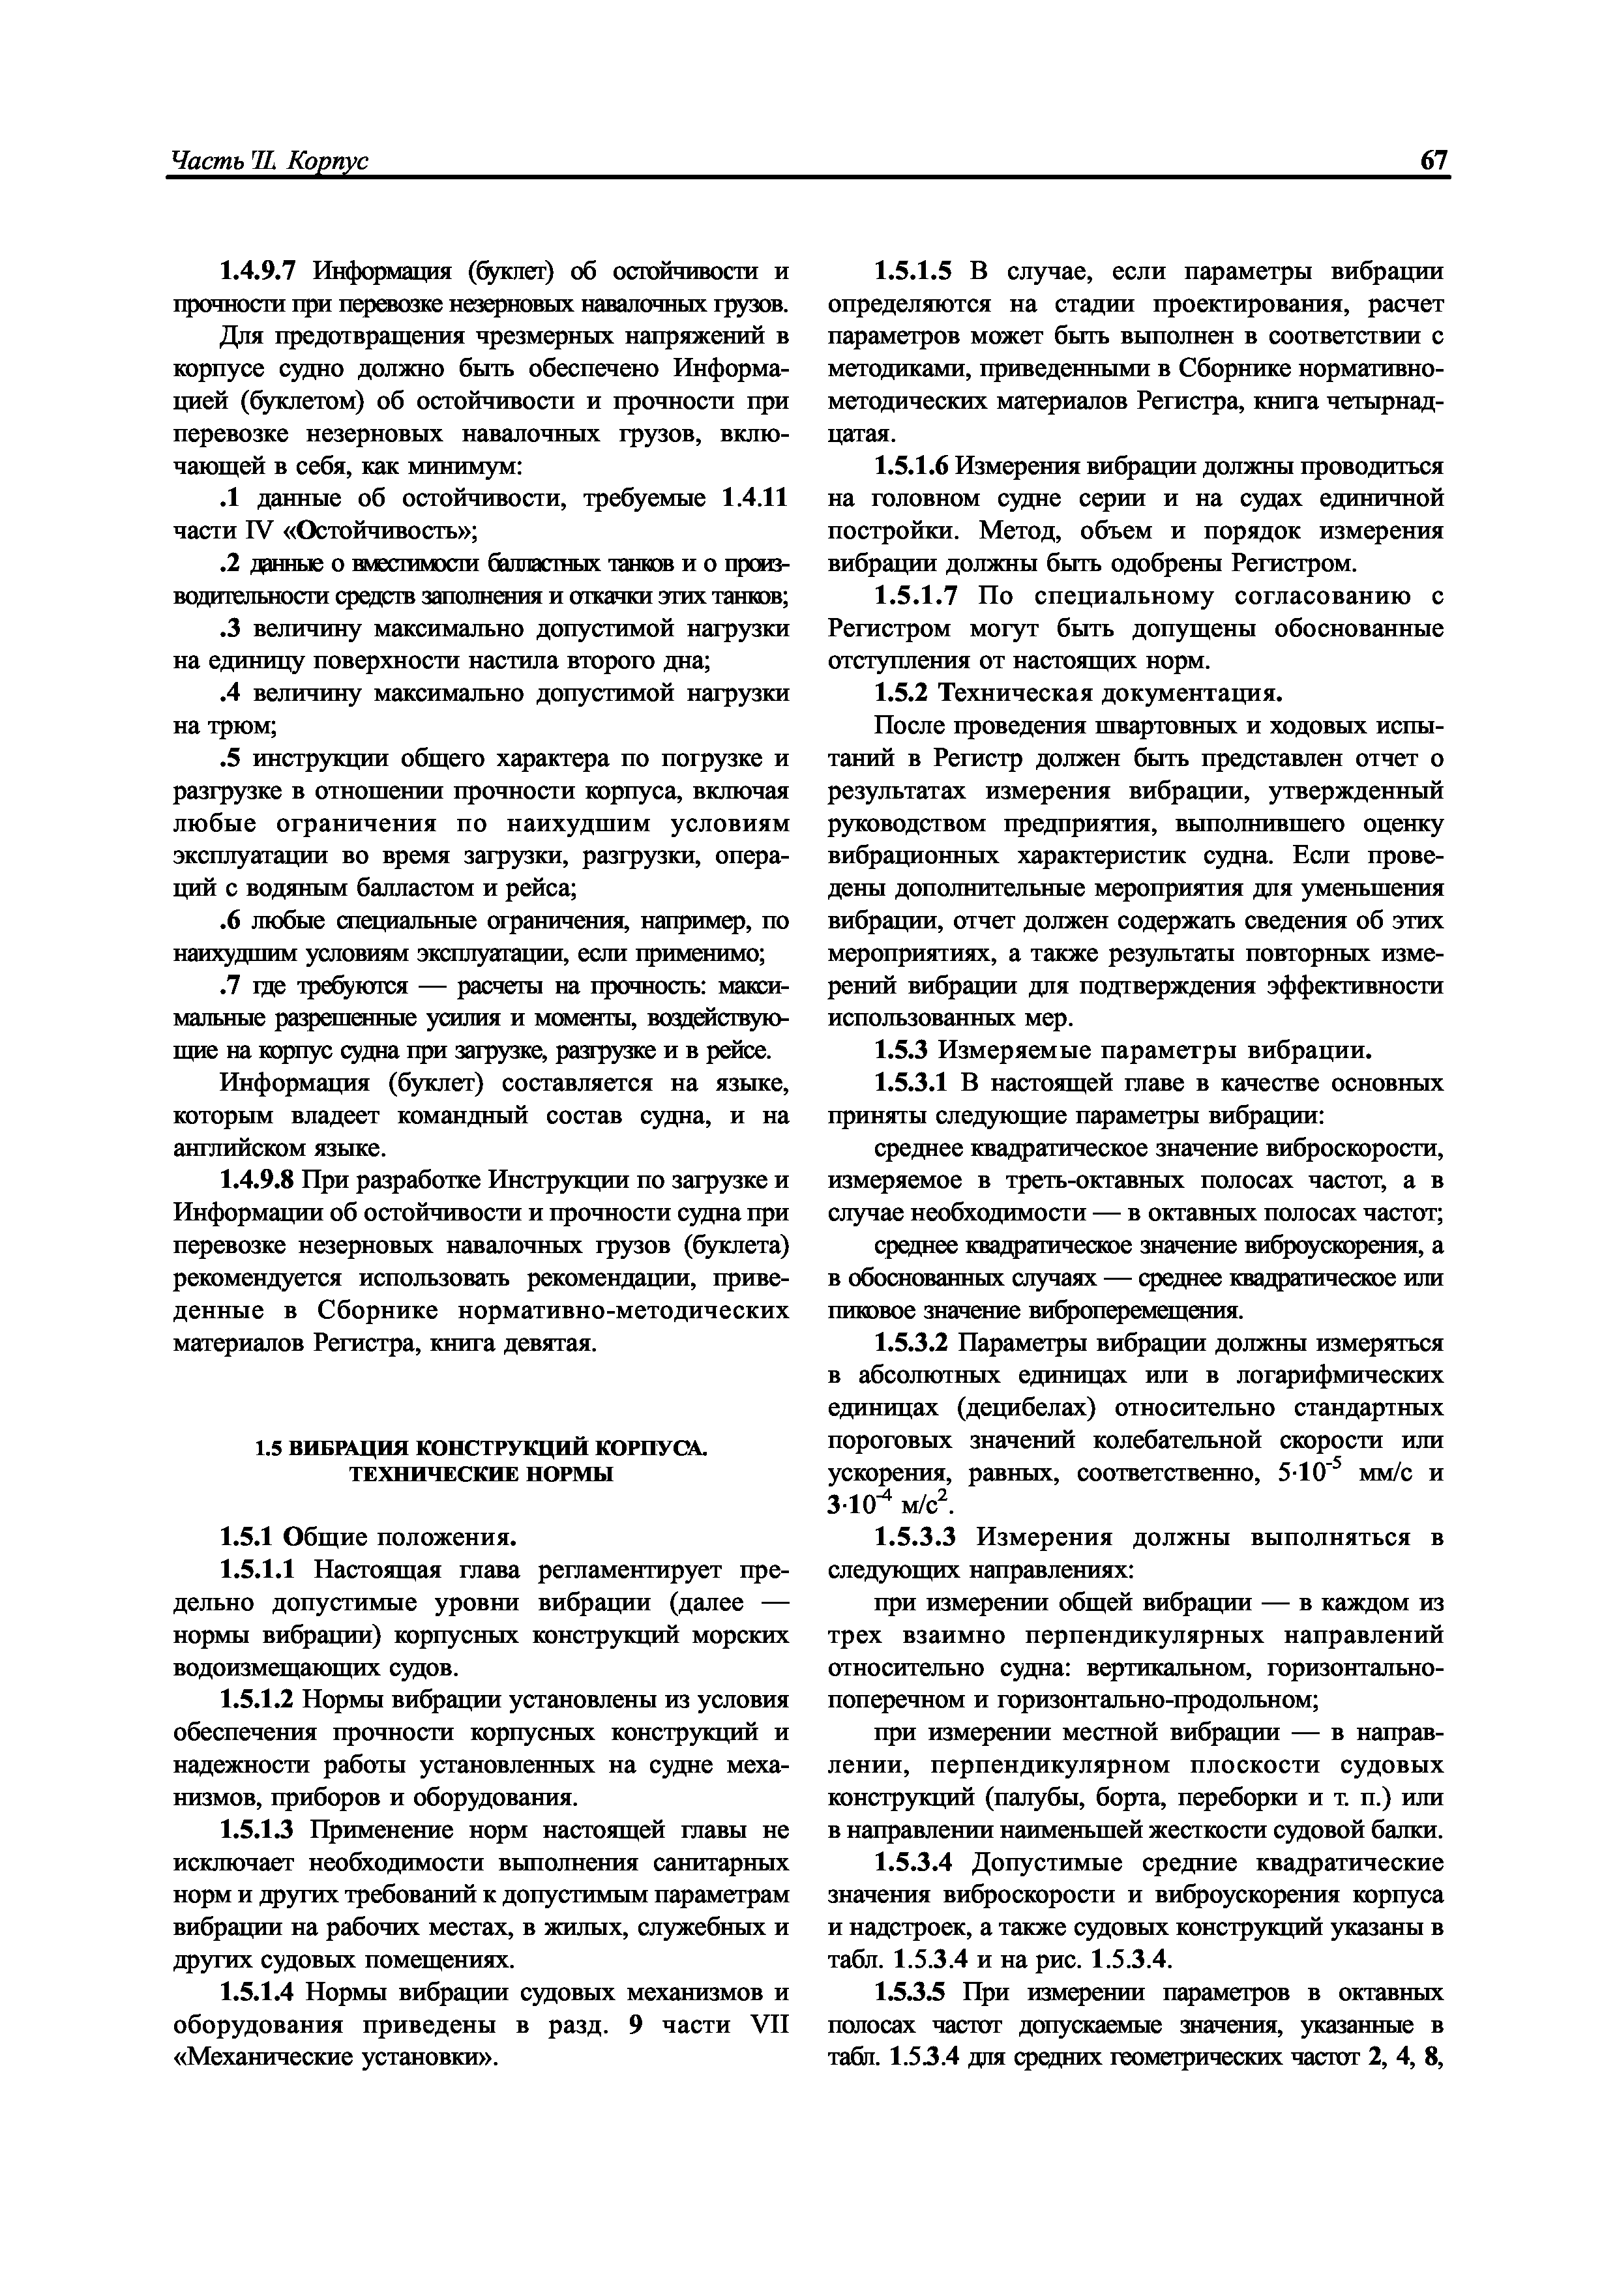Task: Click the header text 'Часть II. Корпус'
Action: pyautogui.click(x=269, y=162)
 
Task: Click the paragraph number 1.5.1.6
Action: pyautogui.click(x=913, y=466)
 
